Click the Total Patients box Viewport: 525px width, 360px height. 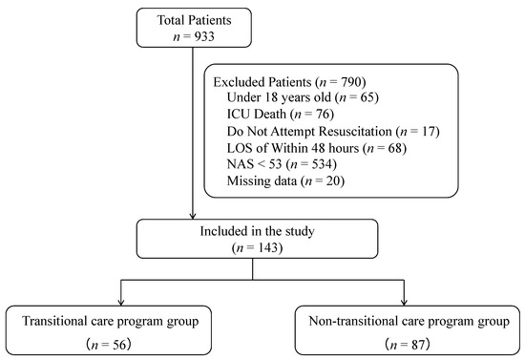point(194,28)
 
